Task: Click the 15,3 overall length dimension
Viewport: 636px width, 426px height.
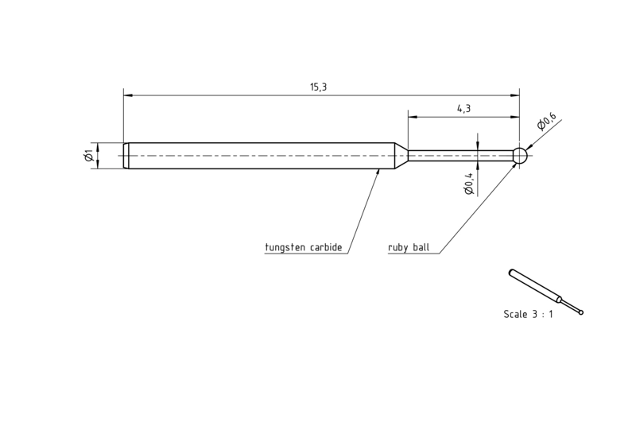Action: click(x=319, y=87)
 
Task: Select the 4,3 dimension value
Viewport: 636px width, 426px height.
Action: click(x=463, y=109)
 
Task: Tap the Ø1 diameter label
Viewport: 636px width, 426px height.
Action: click(x=89, y=155)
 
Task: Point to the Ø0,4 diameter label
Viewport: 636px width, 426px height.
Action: click(x=469, y=184)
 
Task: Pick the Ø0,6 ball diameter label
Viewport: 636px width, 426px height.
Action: click(x=546, y=122)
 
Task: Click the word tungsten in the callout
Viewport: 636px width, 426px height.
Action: click(x=285, y=247)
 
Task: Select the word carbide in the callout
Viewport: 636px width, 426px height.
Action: click(x=326, y=247)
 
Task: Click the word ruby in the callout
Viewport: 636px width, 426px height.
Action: click(x=397, y=248)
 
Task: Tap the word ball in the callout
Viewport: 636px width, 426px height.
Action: click(x=421, y=247)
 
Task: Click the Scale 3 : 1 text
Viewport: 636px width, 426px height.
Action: click(x=528, y=314)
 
